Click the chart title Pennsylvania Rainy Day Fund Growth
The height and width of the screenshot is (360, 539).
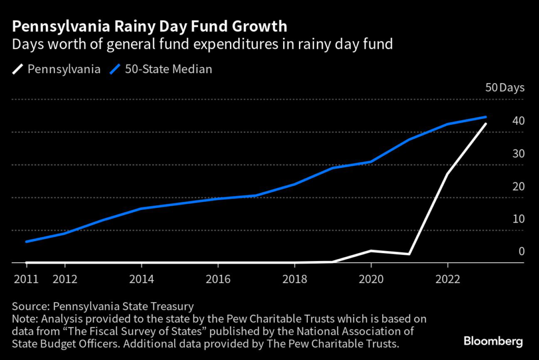pyautogui.click(x=151, y=26)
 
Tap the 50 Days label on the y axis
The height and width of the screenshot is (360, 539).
pyautogui.click(x=505, y=88)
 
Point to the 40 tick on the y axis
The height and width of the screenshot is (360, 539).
pyautogui.click(x=518, y=121)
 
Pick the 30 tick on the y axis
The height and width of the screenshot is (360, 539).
pyautogui.click(x=518, y=154)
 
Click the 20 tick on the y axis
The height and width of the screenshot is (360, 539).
pyautogui.click(x=518, y=186)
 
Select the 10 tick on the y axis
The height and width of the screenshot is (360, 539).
pyautogui.click(x=518, y=219)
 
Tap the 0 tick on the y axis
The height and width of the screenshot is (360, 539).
pyautogui.click(x=522, y=252)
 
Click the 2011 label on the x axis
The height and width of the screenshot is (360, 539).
pyautogui.click(x=26, y=279)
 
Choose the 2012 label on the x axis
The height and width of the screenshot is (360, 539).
pyautogui.click(x=65, y=279)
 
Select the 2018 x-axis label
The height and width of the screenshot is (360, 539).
pyautogui.click(x=294, y=279)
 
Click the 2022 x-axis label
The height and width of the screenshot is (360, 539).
pyautogui.click(x=447, y=279)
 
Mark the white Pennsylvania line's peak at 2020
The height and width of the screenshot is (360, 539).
pyautogui.click(x=371, y=251)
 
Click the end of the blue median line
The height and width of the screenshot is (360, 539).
pyautogui.click(x=486, y=117)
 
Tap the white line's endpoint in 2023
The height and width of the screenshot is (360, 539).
pyautogui.click(x=486, y=124)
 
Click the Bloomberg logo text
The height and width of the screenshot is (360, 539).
pyautogui.click(x=493, y=342)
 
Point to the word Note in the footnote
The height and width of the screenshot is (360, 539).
pyautogui.click(x=24, y=318)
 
